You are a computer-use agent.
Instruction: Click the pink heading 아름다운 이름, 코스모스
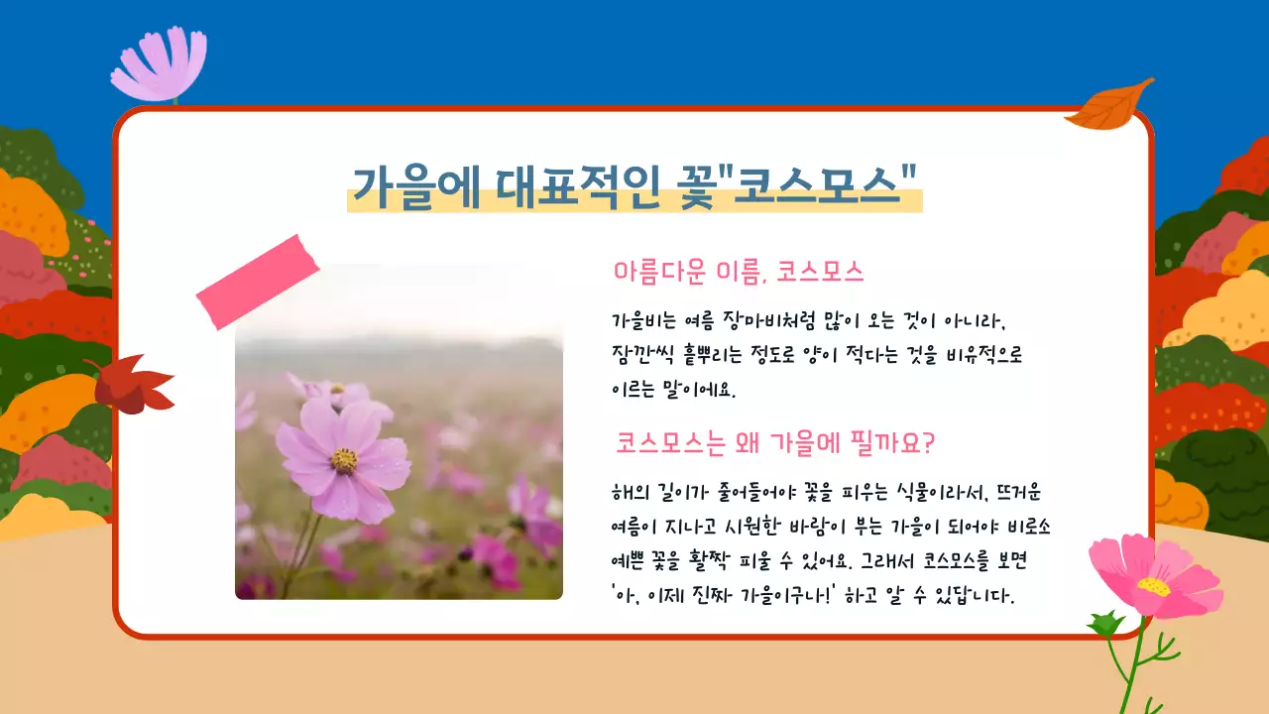[x=740, y=271]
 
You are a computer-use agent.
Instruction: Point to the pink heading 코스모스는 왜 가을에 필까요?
[x=774, y=442]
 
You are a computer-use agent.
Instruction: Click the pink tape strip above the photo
[x=258, y=283]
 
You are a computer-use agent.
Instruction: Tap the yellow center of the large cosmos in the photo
[x=344, y=459]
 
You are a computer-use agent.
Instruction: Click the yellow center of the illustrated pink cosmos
[x=1153, y=586]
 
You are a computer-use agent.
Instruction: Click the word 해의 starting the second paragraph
[x=627, y=492]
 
